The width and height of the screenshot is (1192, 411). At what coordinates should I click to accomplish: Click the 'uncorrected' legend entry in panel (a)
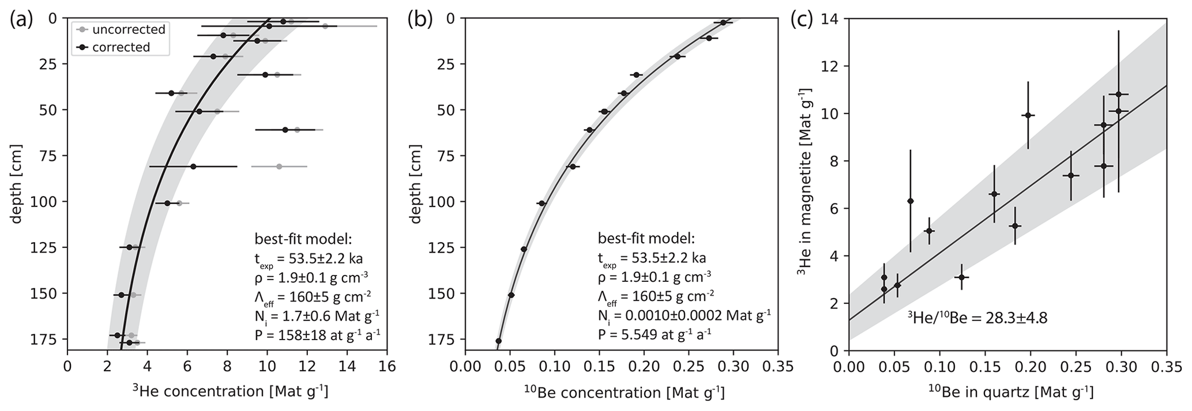coord(128,29)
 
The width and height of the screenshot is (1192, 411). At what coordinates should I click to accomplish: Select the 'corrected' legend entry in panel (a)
coord(121,47)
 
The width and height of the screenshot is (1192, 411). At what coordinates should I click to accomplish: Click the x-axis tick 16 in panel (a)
coord(387,367)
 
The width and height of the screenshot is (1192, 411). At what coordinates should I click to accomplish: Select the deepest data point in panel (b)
coord(499,341)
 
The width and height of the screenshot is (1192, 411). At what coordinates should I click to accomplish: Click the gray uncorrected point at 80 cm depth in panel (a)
coord(279,166)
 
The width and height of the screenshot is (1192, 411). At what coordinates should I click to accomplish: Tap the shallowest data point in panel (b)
coord(723,22)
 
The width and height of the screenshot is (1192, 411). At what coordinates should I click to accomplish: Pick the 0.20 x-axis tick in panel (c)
coord(1031,367)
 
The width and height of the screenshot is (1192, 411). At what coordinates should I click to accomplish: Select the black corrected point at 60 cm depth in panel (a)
coord(285,130)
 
